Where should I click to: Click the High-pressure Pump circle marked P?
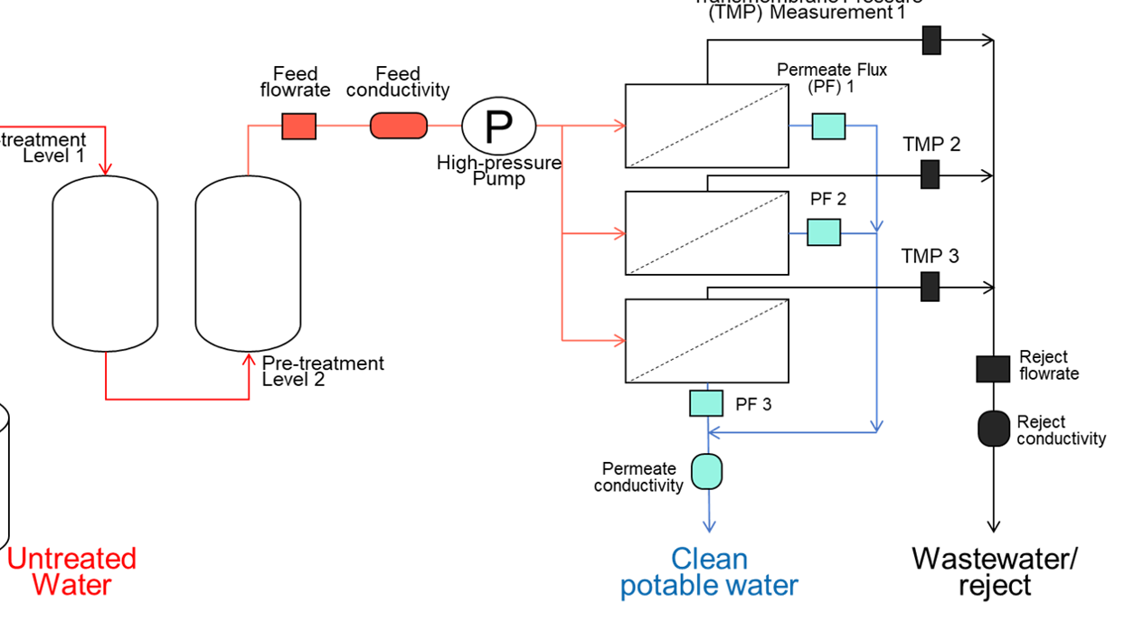click(498, 126)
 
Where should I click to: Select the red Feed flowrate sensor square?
click(299, 126)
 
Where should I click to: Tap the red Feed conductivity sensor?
click(398, 126)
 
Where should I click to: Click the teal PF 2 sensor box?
click(824, 232)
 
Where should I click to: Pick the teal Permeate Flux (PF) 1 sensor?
click(828, 126)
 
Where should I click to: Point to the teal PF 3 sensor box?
click(706, 403)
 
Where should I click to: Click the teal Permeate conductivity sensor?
click(707, 470)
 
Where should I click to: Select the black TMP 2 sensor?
click(930, 175)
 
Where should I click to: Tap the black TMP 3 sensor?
click(930, 287)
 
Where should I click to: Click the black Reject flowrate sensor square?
click(993, 369)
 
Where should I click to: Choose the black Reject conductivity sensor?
click(994, 429)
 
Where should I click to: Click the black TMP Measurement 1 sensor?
click(931, 40)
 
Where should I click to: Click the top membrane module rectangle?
click(707, 126)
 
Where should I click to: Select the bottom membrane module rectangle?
click(707, 341)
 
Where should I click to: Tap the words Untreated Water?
click(71, 571)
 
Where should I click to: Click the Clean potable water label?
click(709, 572)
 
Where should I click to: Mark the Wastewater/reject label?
click(995, 571)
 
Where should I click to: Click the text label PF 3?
click(753, 404)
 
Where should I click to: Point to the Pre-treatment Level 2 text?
click(323, 371)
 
